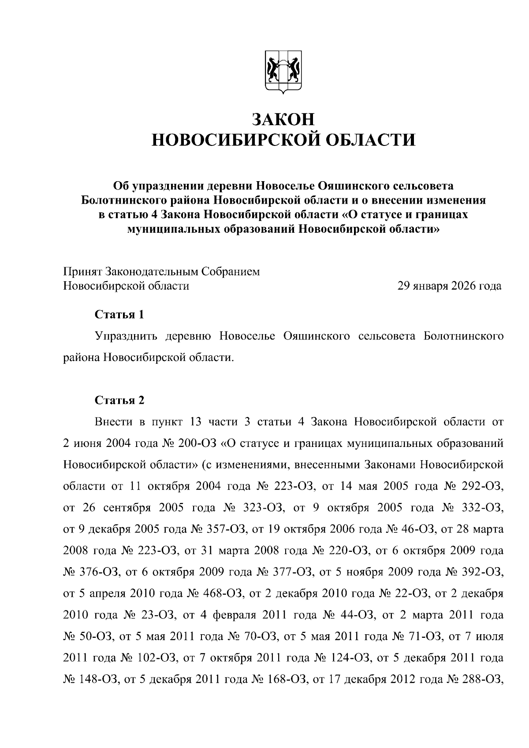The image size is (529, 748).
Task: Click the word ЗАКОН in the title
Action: coord(283,119)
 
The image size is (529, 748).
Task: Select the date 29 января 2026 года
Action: coord(449,286)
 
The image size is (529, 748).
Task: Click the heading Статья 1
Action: coord(119,315)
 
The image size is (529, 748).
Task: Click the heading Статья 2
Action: coord(119,400)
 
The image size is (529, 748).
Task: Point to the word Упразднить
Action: coord(126,336)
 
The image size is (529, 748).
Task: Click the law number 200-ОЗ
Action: coord(196,443)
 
